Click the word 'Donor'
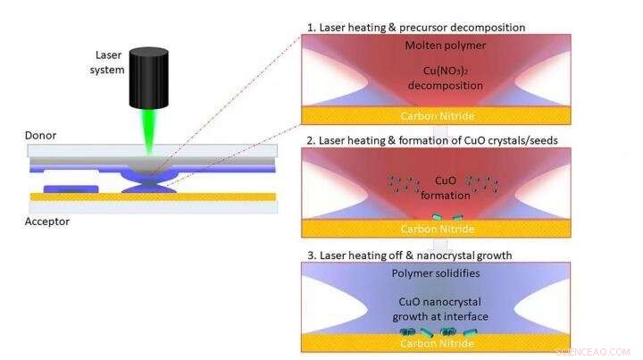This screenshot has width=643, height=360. coord(43,137)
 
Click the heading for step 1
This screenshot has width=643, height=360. coord(416,27)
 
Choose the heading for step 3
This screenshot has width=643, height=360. coord(410,255)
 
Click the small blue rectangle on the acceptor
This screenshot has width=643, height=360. coord(78,188)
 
